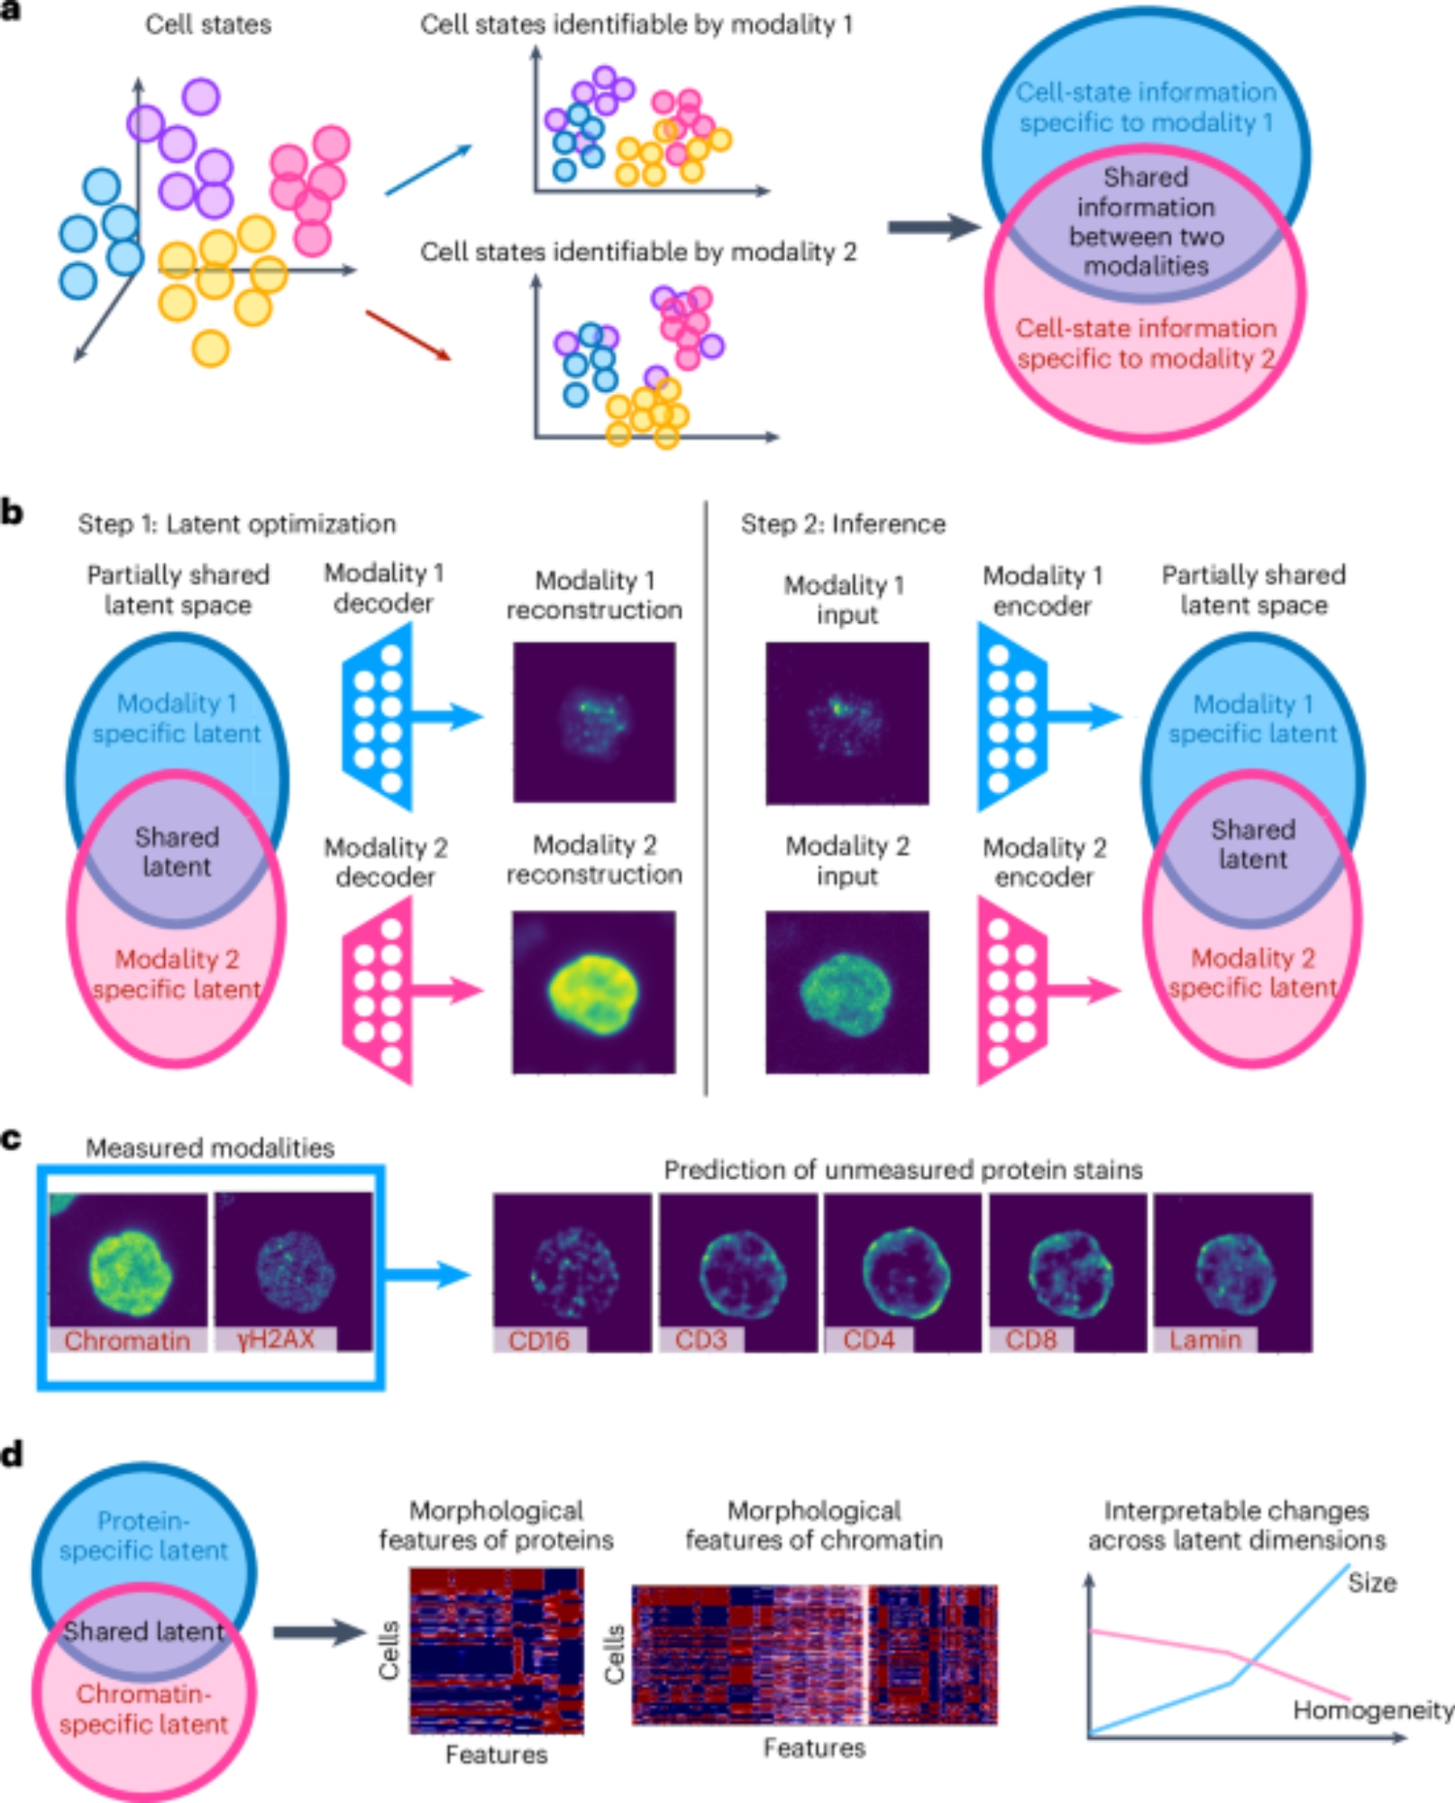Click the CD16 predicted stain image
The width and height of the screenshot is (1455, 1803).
(572, 1271)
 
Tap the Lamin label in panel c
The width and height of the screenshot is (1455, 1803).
(1204, 1340)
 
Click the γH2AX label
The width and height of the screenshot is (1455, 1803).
(275, 1339)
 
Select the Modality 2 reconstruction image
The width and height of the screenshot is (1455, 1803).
(594, 992)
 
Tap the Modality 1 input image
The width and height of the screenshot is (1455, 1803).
(846, 723)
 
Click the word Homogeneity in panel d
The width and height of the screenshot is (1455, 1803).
(1372, 1710)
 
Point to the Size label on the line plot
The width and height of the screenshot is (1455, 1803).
(1371, 1583)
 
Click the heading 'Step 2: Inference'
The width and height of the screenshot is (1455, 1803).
(843, 524)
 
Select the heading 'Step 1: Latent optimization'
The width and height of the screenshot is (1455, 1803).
(236, 524)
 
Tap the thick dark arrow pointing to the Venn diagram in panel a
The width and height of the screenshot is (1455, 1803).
(933, 227)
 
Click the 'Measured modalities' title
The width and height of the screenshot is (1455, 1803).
(209, 1148)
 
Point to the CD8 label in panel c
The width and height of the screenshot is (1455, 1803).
(1030, 1340)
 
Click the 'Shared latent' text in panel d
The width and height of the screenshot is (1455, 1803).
(143, 1631)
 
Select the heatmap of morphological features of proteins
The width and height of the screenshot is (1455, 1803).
(497, 1650)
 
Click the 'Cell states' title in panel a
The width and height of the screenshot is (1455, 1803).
(208, 24)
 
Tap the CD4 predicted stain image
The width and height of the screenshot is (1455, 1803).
(902, 1271)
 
